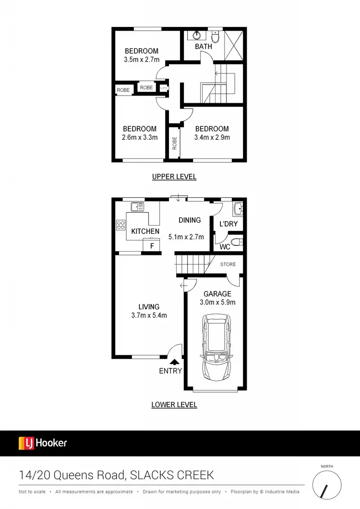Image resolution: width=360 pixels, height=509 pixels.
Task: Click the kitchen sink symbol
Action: [137, 207]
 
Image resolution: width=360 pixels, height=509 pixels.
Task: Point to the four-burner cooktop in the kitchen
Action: [120, 225]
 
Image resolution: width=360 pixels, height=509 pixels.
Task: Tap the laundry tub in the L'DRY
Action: [238, 208]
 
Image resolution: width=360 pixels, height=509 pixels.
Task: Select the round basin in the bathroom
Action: [197, 35]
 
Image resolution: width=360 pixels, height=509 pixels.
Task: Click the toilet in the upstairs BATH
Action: [216, 36]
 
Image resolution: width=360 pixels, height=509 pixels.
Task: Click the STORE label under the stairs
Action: [228, 264]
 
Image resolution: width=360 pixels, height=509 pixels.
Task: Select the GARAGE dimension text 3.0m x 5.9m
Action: [217, 303]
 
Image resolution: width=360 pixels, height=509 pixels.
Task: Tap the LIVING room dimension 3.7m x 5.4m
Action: [149, 315]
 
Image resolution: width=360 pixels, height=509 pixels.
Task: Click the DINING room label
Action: [190, 220]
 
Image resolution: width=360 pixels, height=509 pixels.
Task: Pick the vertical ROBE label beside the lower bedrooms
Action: [174, 143]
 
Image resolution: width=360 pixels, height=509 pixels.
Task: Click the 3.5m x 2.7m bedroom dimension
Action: [142, 61]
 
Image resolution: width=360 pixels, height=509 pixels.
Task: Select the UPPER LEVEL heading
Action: [174, 177]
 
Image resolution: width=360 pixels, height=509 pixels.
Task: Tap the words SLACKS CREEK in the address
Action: [172, 475]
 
